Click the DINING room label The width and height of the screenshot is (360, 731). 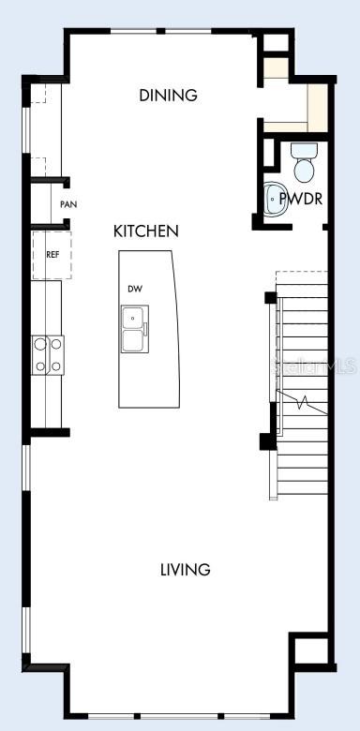[168, 95]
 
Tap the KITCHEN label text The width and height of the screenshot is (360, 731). [146, 231]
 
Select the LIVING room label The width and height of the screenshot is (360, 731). [185, 569]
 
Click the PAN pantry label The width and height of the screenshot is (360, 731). [67, 204]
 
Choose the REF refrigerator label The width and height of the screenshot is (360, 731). [52, 253]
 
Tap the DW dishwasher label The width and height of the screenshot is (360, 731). [135, 289]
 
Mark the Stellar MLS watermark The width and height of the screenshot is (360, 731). [315, 366]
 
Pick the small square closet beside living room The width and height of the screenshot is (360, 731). [309, 651]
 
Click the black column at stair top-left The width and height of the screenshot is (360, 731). [270, 298]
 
